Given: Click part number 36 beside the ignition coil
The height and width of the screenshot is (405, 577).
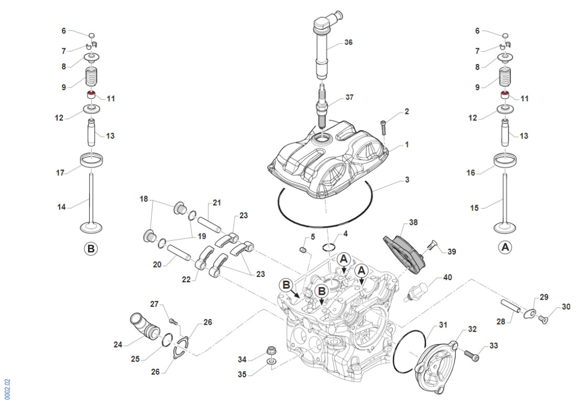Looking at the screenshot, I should (349, 42).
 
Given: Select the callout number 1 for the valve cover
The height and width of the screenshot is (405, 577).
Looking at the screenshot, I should (407, 144).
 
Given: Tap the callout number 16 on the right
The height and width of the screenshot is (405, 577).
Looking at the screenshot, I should (471, 172).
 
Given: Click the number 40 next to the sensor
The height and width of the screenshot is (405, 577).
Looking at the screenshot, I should (447, 277).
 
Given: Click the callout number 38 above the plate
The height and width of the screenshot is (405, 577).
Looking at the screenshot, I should (413, 222).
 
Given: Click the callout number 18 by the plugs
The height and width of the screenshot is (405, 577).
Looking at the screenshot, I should (144, 199).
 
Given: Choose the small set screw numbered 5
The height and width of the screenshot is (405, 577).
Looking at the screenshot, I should (303, 250).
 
